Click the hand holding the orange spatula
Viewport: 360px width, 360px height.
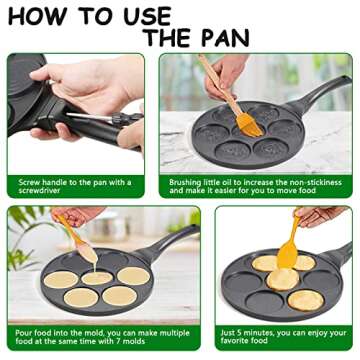(320, 215)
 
